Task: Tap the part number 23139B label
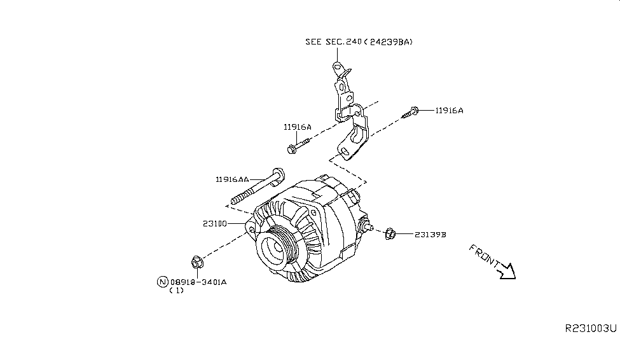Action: coord(430,235)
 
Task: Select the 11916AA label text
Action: coord(232,180)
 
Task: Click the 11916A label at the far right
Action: coord(449,110)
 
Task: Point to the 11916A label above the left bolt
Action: coord(297,127)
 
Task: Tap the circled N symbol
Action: coord(163,281)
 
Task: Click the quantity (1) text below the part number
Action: coord(176,291)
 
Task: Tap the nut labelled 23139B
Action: coord(390,234)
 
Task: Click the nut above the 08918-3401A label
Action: coord(196,261)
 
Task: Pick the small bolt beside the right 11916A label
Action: coord(411,113)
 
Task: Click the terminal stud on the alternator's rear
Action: coord(368,226)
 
